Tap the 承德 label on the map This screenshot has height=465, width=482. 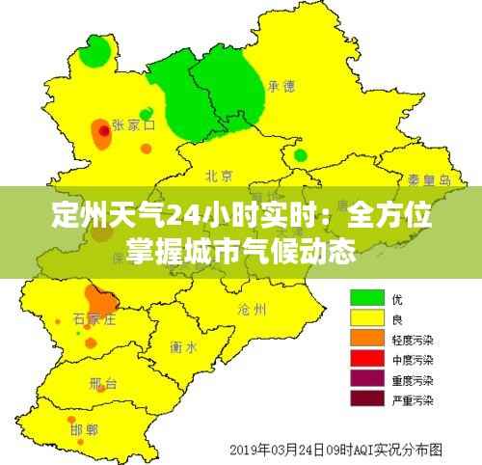coord(281,86)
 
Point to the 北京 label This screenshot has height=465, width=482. coord(219,176)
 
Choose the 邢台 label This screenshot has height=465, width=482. coord(103,384)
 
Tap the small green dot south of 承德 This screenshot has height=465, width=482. coord(301,155)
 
